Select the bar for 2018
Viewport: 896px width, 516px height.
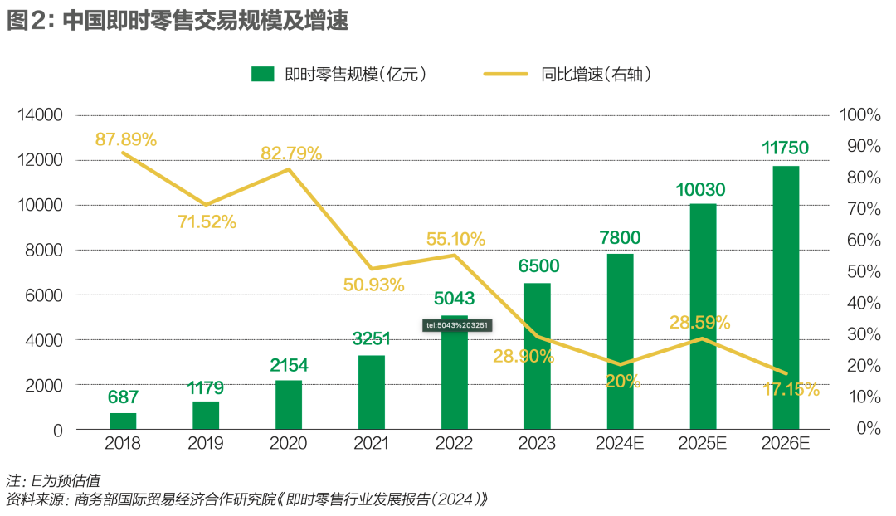[123, 421]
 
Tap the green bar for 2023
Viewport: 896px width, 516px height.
[538, 356]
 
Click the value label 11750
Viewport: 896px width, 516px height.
[785, 148]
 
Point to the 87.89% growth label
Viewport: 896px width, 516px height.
[125, 139]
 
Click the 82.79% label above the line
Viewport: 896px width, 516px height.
[291, 153]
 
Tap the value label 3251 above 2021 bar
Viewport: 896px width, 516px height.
[371, 338]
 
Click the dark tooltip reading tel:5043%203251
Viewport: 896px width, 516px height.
[457, 325]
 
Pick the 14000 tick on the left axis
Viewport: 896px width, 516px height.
[41, 115]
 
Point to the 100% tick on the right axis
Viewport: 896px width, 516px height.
[859, 115]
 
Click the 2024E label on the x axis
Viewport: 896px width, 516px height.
[620, 444]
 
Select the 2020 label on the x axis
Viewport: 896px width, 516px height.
[288, 444]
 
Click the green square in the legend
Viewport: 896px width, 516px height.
[263, 75]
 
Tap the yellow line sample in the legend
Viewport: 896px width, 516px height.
[506, 75]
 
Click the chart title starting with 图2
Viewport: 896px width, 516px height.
[177, 20]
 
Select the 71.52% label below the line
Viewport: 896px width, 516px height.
[207, 221]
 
